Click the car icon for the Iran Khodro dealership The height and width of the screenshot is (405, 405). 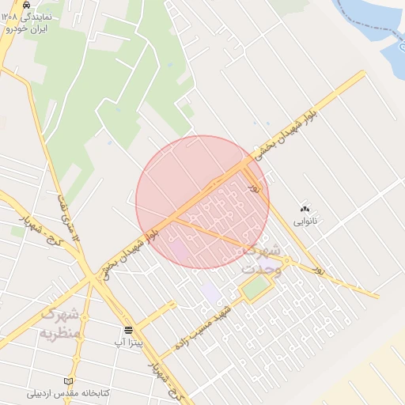click(x=27, y=4)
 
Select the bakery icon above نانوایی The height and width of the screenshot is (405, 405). click(x=305, y=209)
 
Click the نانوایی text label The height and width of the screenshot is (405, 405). click(x=305, y=221)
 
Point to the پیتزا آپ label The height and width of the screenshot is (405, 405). click(x=129, y=343)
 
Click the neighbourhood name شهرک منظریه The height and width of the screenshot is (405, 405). click(x=60, y=323)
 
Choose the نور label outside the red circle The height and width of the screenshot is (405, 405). click(x=319, y=269)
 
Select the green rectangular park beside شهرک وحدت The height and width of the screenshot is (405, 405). click(x=255, y=288)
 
